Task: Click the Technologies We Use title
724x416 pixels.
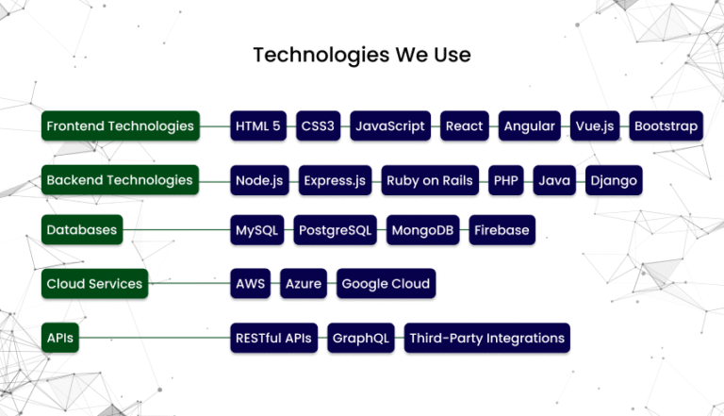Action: tap(362, 55)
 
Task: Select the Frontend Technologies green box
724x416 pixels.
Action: tap(121, 125)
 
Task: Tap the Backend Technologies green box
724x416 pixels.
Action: tap(120, 180)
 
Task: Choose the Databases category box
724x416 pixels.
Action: tap(82, 229)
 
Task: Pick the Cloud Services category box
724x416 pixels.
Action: tap(94, 283)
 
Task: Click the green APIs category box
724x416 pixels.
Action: tap(60, 338)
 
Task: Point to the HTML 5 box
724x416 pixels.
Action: tap(258, 125)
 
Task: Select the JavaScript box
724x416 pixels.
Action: tap(390, 125)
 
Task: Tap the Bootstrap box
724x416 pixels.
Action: tap(666, 125)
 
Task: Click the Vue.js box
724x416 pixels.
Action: tap(595, 125)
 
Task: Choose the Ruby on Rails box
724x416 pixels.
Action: tap(430, 180)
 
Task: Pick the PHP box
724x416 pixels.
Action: tap(506, 180)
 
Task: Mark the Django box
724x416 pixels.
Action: tap(614, 180)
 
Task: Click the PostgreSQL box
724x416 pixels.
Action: tap(336, 230)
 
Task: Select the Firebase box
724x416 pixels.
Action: tap(502, 230)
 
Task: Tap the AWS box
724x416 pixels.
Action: tap(250, 283)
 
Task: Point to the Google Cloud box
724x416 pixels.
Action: tap(386, 283)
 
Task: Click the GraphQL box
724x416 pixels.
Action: tap(361, 338)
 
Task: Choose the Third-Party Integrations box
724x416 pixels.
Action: tap(487, 338)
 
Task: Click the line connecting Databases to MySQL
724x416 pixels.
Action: tap(176, 230)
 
